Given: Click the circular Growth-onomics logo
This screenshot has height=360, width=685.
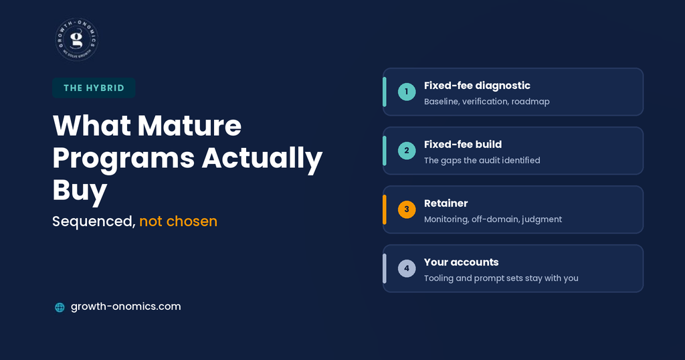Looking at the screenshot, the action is click(77, 39).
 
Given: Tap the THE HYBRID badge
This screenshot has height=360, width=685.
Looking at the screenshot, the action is click(94, 88).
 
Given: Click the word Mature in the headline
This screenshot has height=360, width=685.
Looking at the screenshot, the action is click(189, 125).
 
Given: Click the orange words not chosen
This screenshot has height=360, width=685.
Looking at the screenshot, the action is click(178, 221).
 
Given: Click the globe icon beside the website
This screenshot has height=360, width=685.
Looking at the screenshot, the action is click(60, 307).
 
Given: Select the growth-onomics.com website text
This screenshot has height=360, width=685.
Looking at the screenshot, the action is click(126, 306).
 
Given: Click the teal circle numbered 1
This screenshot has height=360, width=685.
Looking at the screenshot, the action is click(407, 92).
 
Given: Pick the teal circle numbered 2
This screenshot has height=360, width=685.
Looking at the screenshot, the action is click(407, 151).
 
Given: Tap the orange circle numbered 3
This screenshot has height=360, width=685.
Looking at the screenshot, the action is click(407, 209).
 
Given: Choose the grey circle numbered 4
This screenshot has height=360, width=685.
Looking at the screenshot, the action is click(407, 268).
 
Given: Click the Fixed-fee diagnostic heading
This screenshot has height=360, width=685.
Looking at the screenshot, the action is click(477, 86).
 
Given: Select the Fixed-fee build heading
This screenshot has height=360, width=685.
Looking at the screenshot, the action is click(463, 145).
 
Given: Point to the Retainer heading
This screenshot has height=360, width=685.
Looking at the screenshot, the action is click(446, 203).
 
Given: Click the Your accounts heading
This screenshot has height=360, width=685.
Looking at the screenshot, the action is click(462, 262).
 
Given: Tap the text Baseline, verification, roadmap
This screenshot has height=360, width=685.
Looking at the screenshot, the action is click(487, 102).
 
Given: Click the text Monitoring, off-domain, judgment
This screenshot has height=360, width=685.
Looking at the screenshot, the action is click(493, 219).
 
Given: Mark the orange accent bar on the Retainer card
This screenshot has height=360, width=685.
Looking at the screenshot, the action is click(385, 209).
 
